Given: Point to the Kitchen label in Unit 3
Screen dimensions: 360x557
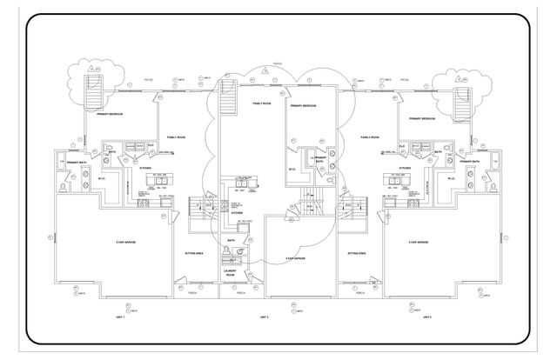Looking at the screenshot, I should [x=404, y=168].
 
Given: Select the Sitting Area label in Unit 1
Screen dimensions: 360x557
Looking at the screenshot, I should [x=192, y=254].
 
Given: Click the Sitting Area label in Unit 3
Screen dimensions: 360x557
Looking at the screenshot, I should [x=356, y=254].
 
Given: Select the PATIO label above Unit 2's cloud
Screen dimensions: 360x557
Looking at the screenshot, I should [x=278, y=63].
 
